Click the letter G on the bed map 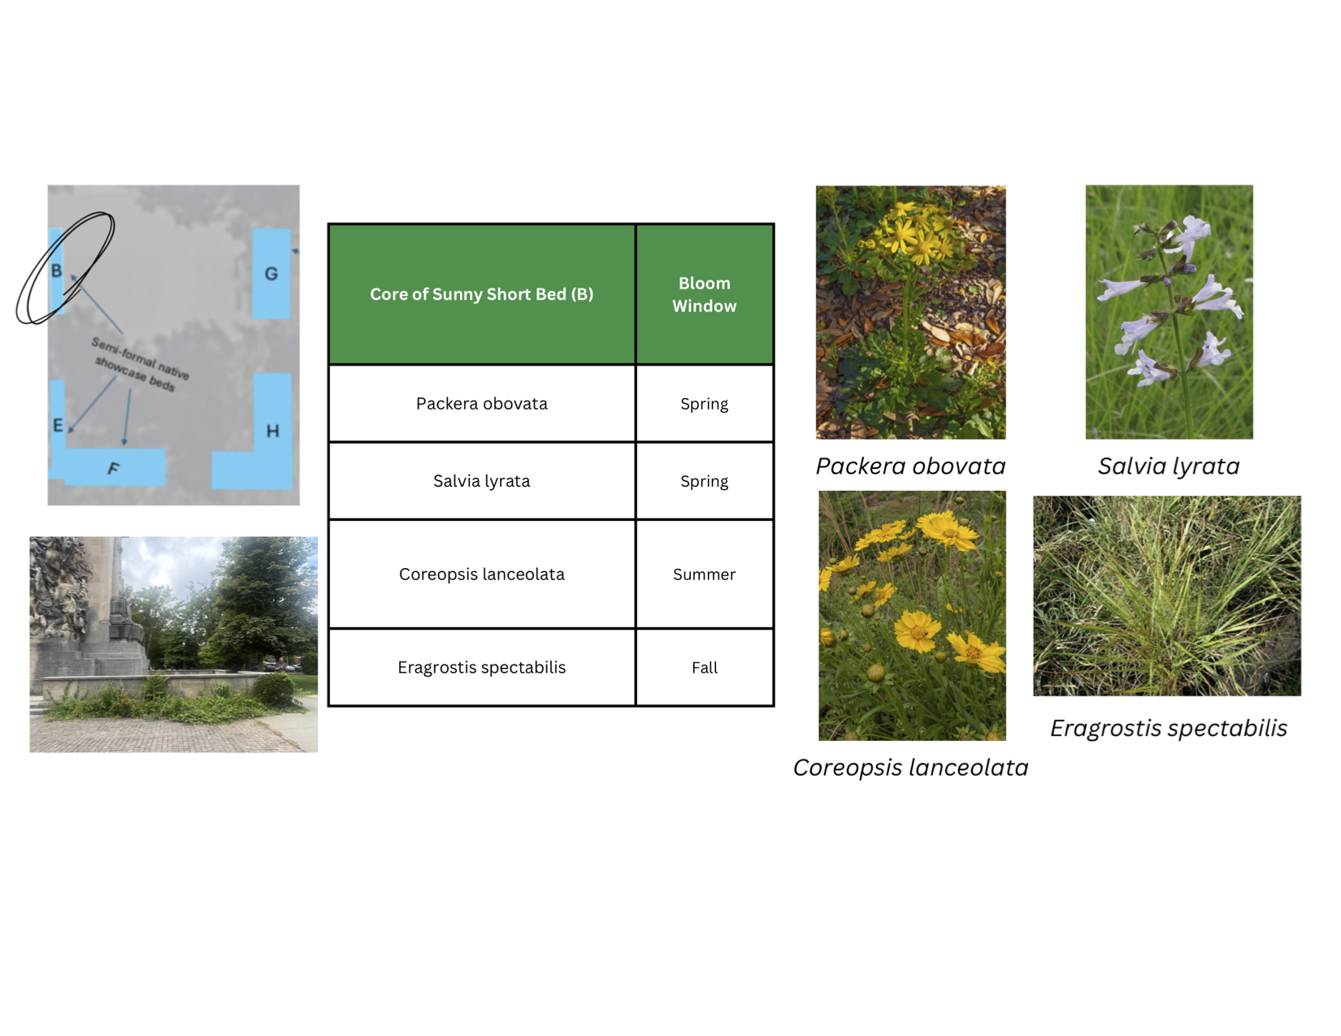(271, 273)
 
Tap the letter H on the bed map (272, 431)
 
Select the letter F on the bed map (113, 468)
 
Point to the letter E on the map (58, 425)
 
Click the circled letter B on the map (56, 271)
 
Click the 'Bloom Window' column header (704, 294)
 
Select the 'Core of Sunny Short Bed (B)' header (481, 294)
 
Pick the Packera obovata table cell (481, 404)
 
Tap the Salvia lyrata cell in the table (481, 481)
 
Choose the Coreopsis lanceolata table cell (481, 574)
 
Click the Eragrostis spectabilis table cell (481, 667)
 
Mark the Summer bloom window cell (704, 574)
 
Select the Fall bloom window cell (704, 668)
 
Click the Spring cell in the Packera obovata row (704, 404)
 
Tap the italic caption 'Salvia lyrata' (1169, 466)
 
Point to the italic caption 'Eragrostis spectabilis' (1169, 728)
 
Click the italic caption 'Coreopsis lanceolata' (911, 768)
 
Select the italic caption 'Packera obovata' (911, 466)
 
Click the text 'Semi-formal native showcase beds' (140, 364)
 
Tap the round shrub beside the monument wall (274, 690)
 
